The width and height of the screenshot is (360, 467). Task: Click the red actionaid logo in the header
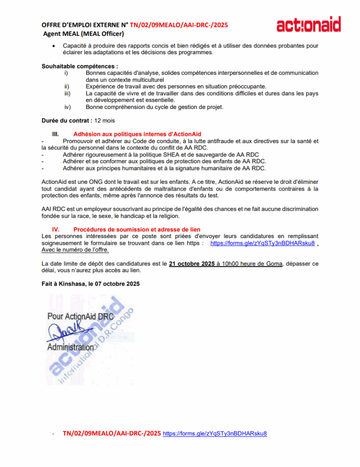coord(308,25)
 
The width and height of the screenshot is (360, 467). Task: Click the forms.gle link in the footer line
coord(214,433)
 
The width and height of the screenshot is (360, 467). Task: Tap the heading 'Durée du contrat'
coord(66,121)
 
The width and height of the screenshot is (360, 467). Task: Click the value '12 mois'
coord(104,121)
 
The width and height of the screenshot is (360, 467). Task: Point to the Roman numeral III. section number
coord(56,134)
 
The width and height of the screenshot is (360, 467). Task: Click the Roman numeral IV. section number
coord(56,229)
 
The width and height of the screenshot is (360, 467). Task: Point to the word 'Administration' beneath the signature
coord(70,347)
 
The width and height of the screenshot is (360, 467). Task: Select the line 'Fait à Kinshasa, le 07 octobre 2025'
coord(90,283)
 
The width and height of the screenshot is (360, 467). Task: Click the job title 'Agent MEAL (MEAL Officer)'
coord(84,34)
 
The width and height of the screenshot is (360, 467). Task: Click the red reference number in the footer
coord(112,433)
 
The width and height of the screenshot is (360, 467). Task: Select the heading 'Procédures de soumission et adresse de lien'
coord(136,229)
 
